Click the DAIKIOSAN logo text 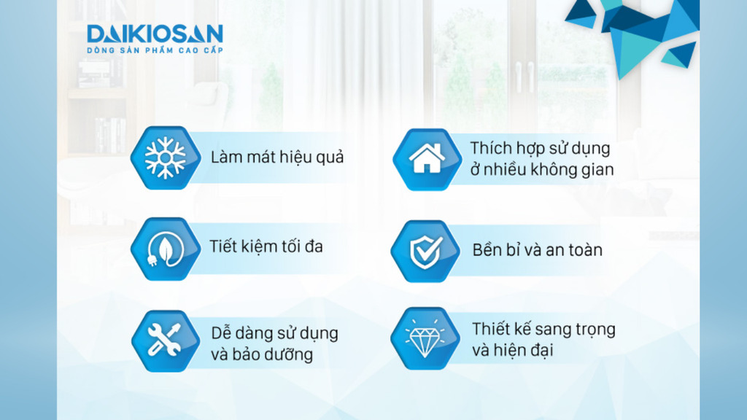(x=154, y=34)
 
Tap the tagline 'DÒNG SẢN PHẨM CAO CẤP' (x=154, y=50)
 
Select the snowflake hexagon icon (x=165, y=157)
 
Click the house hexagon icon (x=425, y=158)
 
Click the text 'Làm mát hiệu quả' (x=276, y=157)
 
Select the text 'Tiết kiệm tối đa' (x=266, y=246)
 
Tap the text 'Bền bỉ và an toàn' (x=537, y=251)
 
